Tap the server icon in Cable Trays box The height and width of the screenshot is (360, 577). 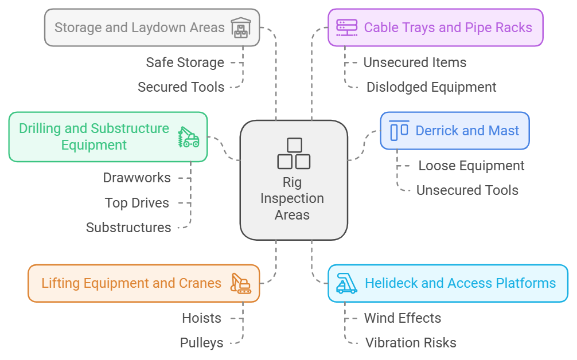346,27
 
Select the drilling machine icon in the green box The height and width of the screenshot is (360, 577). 188,137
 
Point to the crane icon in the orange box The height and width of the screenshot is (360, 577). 240,283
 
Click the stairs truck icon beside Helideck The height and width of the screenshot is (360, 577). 346,283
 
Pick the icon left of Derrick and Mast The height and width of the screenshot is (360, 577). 399,131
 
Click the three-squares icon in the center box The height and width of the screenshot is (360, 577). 294,154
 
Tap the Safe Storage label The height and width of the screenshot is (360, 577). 185,62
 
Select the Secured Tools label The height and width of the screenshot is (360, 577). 181,87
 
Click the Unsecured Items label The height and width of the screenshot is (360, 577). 415,62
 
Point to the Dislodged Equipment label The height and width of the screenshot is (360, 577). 431,87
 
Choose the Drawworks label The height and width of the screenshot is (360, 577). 137,178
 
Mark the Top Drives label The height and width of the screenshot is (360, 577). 137,203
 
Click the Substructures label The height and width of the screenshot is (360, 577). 128,228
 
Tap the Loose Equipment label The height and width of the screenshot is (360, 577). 471,166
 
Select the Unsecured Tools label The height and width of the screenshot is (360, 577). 467,190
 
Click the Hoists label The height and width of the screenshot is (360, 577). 201,318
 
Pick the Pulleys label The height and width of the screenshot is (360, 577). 201,343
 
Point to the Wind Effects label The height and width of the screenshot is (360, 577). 403,318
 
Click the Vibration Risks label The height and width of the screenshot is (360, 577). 411,343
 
